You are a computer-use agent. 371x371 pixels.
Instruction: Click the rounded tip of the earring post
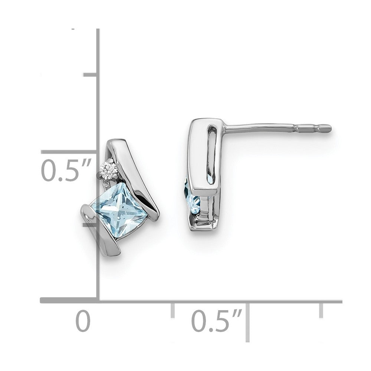[x=327, y=128]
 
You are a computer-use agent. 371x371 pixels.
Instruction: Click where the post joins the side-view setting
[x=226, y=129]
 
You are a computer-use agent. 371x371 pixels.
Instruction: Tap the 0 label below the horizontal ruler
[x=83, y=321]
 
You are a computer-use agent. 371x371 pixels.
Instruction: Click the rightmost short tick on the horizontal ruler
[x=321, y=310]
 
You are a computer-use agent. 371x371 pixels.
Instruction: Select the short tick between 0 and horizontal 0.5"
[x=173, y=310]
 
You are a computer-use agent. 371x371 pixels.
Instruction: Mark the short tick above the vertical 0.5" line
[x=90, y=75]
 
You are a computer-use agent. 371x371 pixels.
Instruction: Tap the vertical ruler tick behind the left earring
[x=89, y=224]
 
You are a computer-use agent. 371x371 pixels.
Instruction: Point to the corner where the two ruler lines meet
[x=98, y=301]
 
